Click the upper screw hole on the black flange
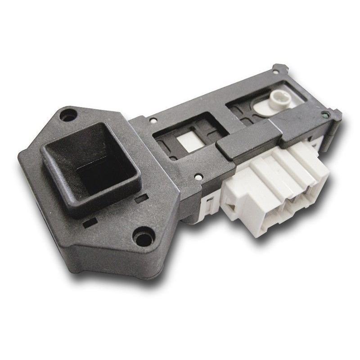click(x=69, y=113)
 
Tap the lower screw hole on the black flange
click(x=143, y=238)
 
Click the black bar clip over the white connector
click(x=265, y=135)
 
